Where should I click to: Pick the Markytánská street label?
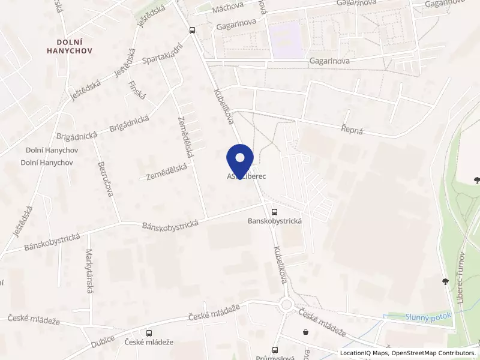point(89,271)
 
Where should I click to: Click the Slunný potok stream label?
point(428,316)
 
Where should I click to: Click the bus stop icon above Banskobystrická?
point(274,211)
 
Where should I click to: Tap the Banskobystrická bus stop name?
point(274,221)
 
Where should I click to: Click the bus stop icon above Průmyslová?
point(275,349)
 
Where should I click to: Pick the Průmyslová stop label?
point(275,358)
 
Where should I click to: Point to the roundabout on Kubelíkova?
point(286,305)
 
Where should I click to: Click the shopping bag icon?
point(306,331)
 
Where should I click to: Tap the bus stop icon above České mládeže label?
point(149,332)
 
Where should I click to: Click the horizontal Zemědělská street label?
point(167,172)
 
